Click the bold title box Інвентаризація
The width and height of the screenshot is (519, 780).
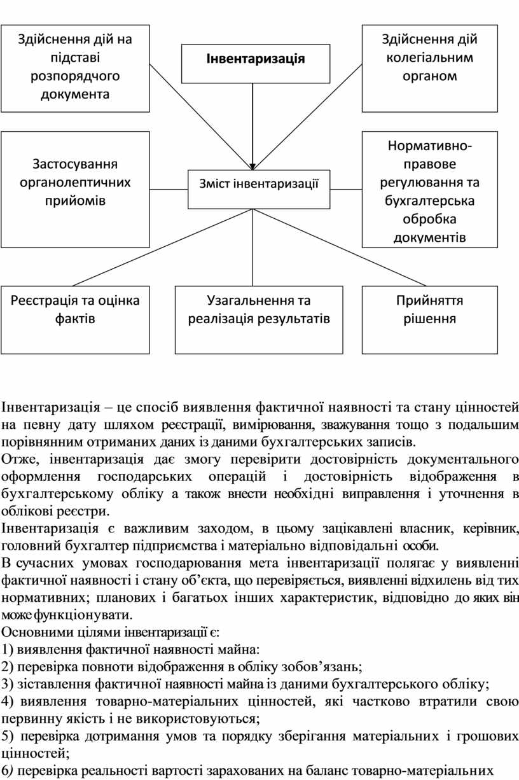coord(255,59)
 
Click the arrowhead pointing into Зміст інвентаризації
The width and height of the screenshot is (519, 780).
coord(253,166)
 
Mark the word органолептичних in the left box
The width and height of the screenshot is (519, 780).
coord(75,183)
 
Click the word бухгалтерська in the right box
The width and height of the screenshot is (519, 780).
coord(429,202)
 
